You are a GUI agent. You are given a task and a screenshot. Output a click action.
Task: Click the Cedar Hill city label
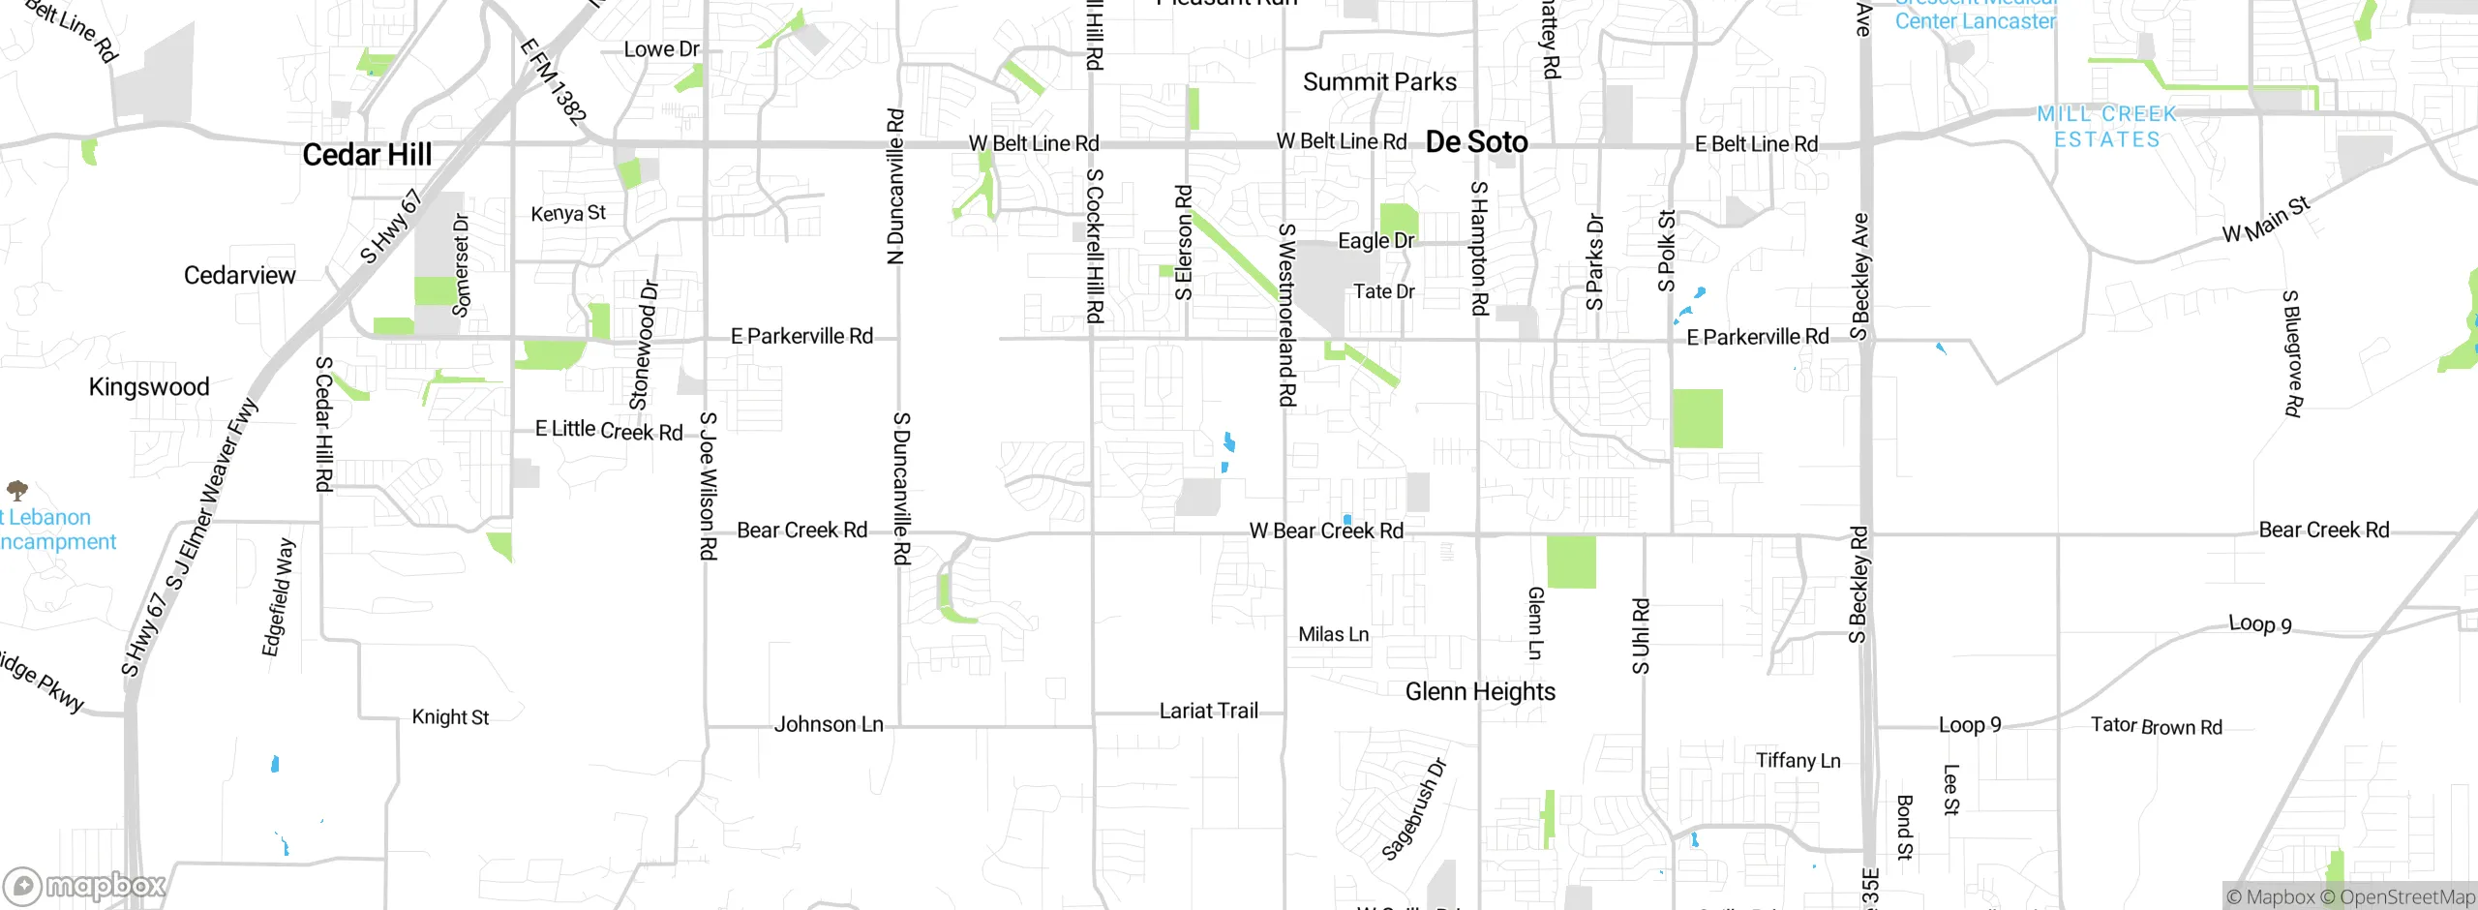(367, 155)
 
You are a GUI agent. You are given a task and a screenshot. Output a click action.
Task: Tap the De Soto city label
(1476, 142)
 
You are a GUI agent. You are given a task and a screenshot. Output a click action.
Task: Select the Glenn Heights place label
(1480, 691)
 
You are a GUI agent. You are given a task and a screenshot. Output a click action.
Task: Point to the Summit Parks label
(1379, 82)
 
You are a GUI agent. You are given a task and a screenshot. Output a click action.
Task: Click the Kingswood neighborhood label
(149, 387)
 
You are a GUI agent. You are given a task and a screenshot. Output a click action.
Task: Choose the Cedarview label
(240, 276)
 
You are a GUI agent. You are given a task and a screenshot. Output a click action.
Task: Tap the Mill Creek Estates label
(2106, 127)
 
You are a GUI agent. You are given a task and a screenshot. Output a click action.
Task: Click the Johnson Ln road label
(829, 724)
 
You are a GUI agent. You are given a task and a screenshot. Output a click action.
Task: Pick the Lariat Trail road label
(1209, 712)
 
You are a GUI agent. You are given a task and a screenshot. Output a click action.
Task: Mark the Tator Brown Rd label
(2157, 726)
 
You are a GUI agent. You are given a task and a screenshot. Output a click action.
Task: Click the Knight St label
(450, 717)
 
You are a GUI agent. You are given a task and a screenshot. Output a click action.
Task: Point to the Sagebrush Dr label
(1413, 809)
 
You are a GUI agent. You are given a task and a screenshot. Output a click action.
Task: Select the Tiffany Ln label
(1798, 761)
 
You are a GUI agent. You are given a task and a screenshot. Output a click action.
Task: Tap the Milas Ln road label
(1334, 635)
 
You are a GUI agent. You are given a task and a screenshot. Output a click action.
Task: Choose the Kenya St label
(568, 213)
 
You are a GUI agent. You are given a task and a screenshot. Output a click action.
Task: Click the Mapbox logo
(84, 885)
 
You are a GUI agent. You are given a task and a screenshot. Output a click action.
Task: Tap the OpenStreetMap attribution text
(2406, 897)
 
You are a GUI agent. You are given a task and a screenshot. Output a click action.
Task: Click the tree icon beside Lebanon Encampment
(16, 489)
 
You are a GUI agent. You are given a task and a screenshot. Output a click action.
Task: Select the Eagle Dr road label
(1375, 241)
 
